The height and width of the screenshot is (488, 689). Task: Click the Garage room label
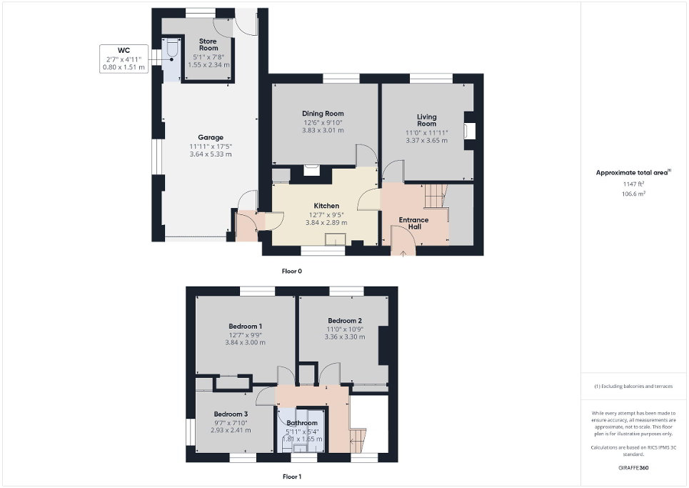pos(211,137)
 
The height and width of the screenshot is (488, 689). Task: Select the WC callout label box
pos(124,58)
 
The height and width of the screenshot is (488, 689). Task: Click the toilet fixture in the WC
pos(171,52)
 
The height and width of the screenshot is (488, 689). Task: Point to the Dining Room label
pos(323,114)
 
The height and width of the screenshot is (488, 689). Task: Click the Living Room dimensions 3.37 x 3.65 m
pos(426,141)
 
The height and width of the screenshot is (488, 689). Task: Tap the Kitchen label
pos(326,206)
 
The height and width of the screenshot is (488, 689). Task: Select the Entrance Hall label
pos(414,223)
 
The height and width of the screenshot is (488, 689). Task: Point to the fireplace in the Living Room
pos(469,131)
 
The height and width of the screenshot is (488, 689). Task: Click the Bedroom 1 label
pos(245,326)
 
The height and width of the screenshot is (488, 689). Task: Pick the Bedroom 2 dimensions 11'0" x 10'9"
pos(345,329)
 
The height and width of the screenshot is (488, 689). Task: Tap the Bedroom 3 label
pos(231,414)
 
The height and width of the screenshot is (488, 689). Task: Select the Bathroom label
pos(302,423)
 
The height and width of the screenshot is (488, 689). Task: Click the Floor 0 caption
pos(292,272)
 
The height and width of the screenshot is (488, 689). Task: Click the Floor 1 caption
pos(292,476)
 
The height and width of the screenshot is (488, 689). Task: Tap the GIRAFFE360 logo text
pos(634,468)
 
